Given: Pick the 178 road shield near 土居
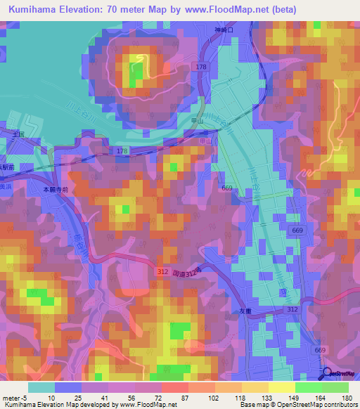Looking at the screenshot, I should point(122,151).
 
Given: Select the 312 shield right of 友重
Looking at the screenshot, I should point(293,309).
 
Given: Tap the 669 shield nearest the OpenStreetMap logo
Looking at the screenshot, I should point(321,350).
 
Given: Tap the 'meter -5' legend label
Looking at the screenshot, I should point(15,397).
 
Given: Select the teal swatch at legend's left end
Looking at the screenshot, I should point(41,387).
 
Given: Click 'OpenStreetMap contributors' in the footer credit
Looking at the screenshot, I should point(314,405).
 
